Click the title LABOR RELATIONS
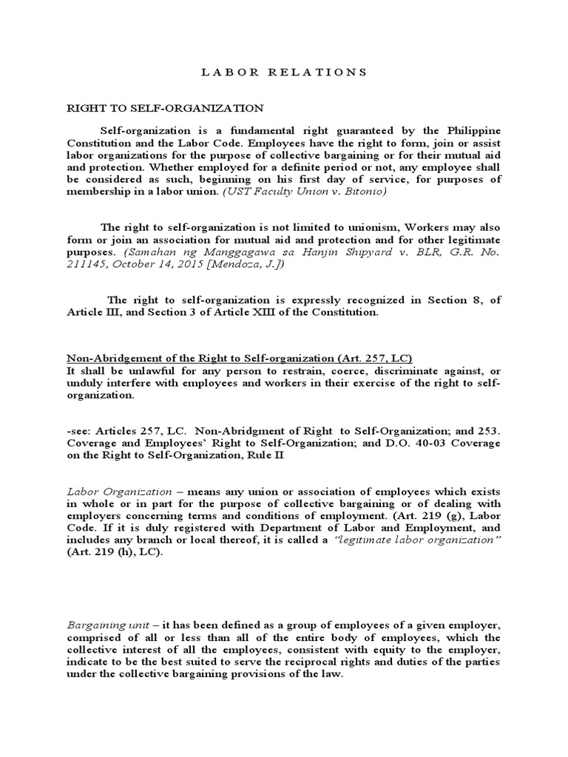click(x=284, y=72)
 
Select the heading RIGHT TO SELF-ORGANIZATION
click(x=155, y=108)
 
